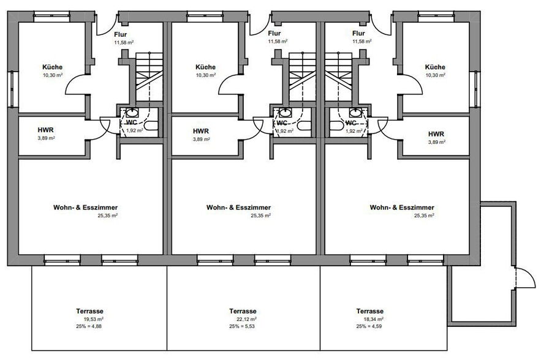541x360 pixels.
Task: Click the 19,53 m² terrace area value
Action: point(94,319)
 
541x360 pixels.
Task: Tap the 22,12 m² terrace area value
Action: point(247,319)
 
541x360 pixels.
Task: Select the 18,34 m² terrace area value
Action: point(374,319)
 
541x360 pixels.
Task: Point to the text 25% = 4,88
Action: point(89,326)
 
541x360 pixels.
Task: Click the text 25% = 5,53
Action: point(242,326)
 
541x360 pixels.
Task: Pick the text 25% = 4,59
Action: point(369,326)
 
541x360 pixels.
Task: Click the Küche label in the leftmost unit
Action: point(53,67)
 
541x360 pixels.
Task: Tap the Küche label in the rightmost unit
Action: point(435,67)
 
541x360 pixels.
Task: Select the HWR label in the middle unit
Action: point(201,131)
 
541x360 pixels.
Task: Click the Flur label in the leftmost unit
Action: point(121,34)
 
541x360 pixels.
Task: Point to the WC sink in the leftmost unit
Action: point(132,112)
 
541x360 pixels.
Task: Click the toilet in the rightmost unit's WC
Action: point(336,125)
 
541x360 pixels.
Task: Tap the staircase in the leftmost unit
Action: point(149,77)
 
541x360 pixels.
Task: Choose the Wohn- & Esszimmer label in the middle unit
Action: point(238,208)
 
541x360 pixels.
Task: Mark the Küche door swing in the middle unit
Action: point(230,85)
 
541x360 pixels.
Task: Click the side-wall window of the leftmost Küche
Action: point(13,89)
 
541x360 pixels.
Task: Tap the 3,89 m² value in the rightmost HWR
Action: point(436,142)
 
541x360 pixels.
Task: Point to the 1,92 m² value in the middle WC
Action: point(285,131)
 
